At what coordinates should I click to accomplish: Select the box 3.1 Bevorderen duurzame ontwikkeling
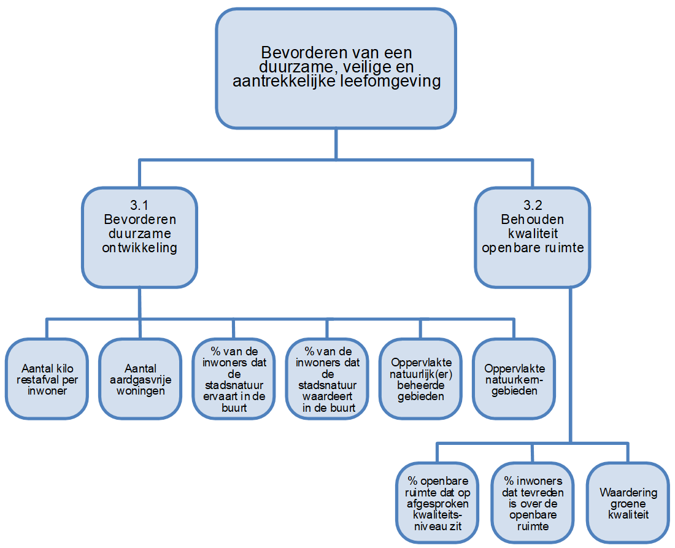coord(140,237)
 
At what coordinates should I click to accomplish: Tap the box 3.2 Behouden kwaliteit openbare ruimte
coord(532,237)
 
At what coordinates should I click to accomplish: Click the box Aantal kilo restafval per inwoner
coord(47,379)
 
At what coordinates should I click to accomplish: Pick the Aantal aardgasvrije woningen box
coord(140,379)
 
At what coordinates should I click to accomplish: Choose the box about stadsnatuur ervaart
coord(233,379)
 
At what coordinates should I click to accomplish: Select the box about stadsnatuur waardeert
coord(326,379)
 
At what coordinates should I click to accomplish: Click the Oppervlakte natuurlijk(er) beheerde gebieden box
coord(420,379)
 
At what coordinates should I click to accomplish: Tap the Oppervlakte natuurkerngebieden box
coord(514,379)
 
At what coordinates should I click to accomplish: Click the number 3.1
coord(140,206)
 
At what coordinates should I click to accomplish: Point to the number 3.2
coord(532,206)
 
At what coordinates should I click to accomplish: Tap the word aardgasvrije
coord(140,380)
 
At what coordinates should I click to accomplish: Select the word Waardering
coord(628,493)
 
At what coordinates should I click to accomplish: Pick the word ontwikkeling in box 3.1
coord(140,248)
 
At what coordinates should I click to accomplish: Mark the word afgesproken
coord(438,503)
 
